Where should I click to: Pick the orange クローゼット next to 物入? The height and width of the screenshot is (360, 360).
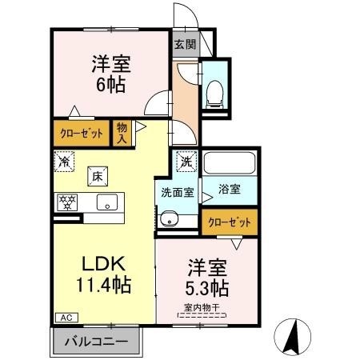click(80, 132)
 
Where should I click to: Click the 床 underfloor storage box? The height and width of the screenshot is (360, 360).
click(95, 174)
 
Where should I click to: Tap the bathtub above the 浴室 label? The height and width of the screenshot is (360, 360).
click(229, 165)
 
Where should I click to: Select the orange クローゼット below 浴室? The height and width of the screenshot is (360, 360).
click(230, 222)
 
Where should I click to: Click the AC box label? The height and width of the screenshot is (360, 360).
click(62, 318)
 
